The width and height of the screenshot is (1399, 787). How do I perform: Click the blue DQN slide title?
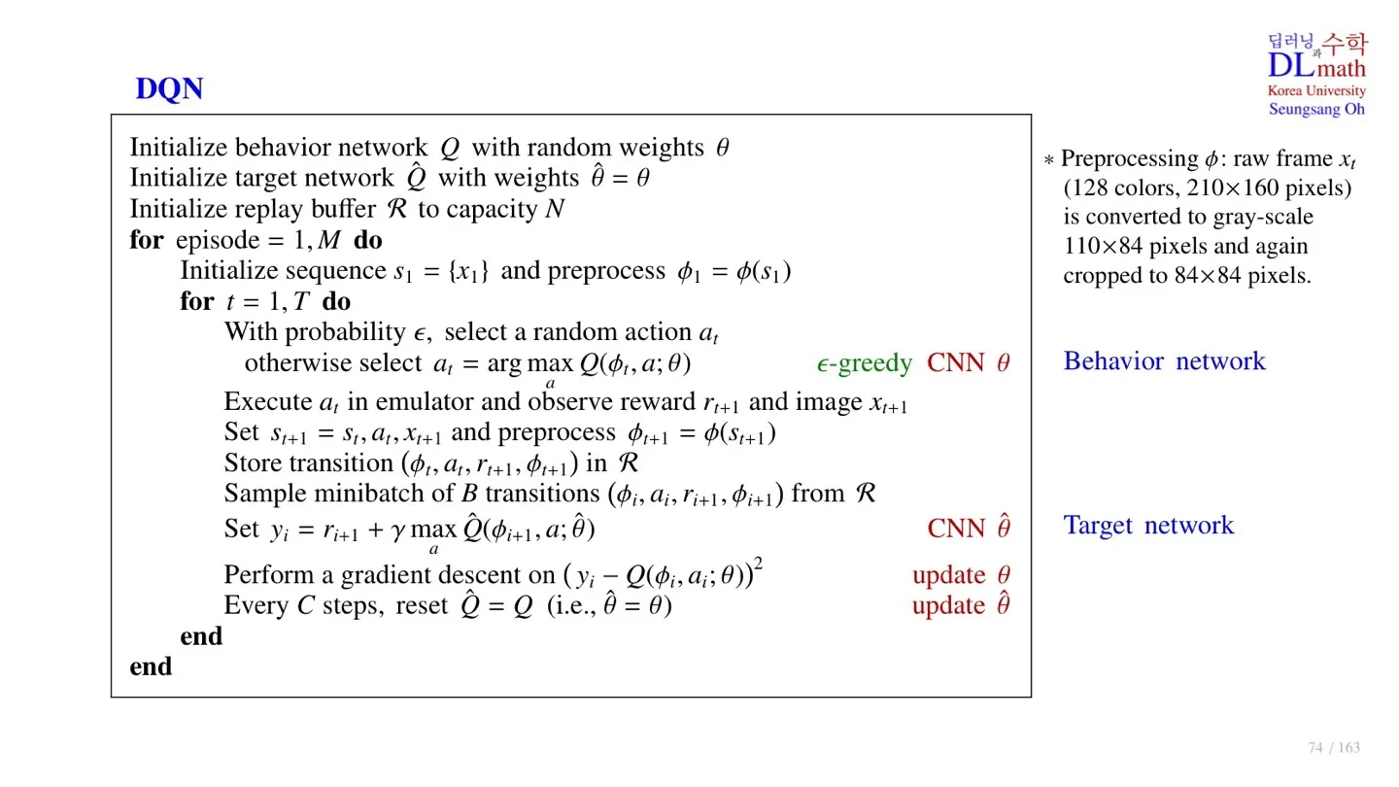click(169, 89)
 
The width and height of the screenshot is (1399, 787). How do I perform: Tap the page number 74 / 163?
click(1334, 747)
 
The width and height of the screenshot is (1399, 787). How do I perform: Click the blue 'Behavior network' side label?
click(1164, 361)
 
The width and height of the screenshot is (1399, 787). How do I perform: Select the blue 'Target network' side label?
click(1148, 526)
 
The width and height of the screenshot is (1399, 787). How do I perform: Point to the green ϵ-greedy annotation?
click(864, 363)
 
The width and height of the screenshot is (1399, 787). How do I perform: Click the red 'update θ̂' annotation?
click(960, 605)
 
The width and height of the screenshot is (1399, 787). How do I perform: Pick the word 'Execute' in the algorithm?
click(267, 402)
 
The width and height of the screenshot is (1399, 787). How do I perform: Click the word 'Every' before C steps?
click(256, 605)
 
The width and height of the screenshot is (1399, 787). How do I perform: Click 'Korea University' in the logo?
click(1316, 91)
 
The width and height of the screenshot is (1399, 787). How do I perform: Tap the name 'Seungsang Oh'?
click(1316, 109)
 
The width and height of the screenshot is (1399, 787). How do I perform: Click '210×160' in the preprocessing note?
click(1227, 188)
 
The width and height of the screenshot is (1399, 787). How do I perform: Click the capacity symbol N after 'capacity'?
click(555, 210)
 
